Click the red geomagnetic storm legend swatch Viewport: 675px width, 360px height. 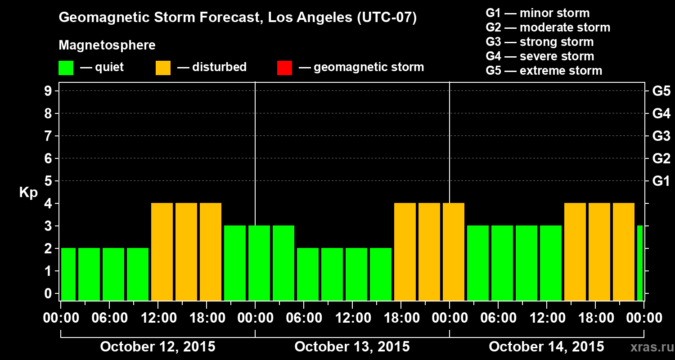coord(284,67)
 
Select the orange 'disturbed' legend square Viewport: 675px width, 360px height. coord(163,67)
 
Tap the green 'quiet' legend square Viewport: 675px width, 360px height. coord(66,67)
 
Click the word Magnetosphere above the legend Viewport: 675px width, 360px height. coord(107,45)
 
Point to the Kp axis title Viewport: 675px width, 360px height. coord(28,193)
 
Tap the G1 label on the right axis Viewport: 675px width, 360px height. coord(661,181)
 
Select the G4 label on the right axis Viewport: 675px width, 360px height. coord(661,113)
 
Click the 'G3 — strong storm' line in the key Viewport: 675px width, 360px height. coord(540,42)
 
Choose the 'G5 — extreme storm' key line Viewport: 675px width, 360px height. coord(544,71)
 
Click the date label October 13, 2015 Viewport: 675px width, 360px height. coord(352,347)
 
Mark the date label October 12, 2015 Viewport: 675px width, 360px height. coord(157,347)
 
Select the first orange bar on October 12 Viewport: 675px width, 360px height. coord(162,252)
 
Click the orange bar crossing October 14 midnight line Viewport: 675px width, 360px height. coord(454,252)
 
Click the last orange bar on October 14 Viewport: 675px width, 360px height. coord(624,252)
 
